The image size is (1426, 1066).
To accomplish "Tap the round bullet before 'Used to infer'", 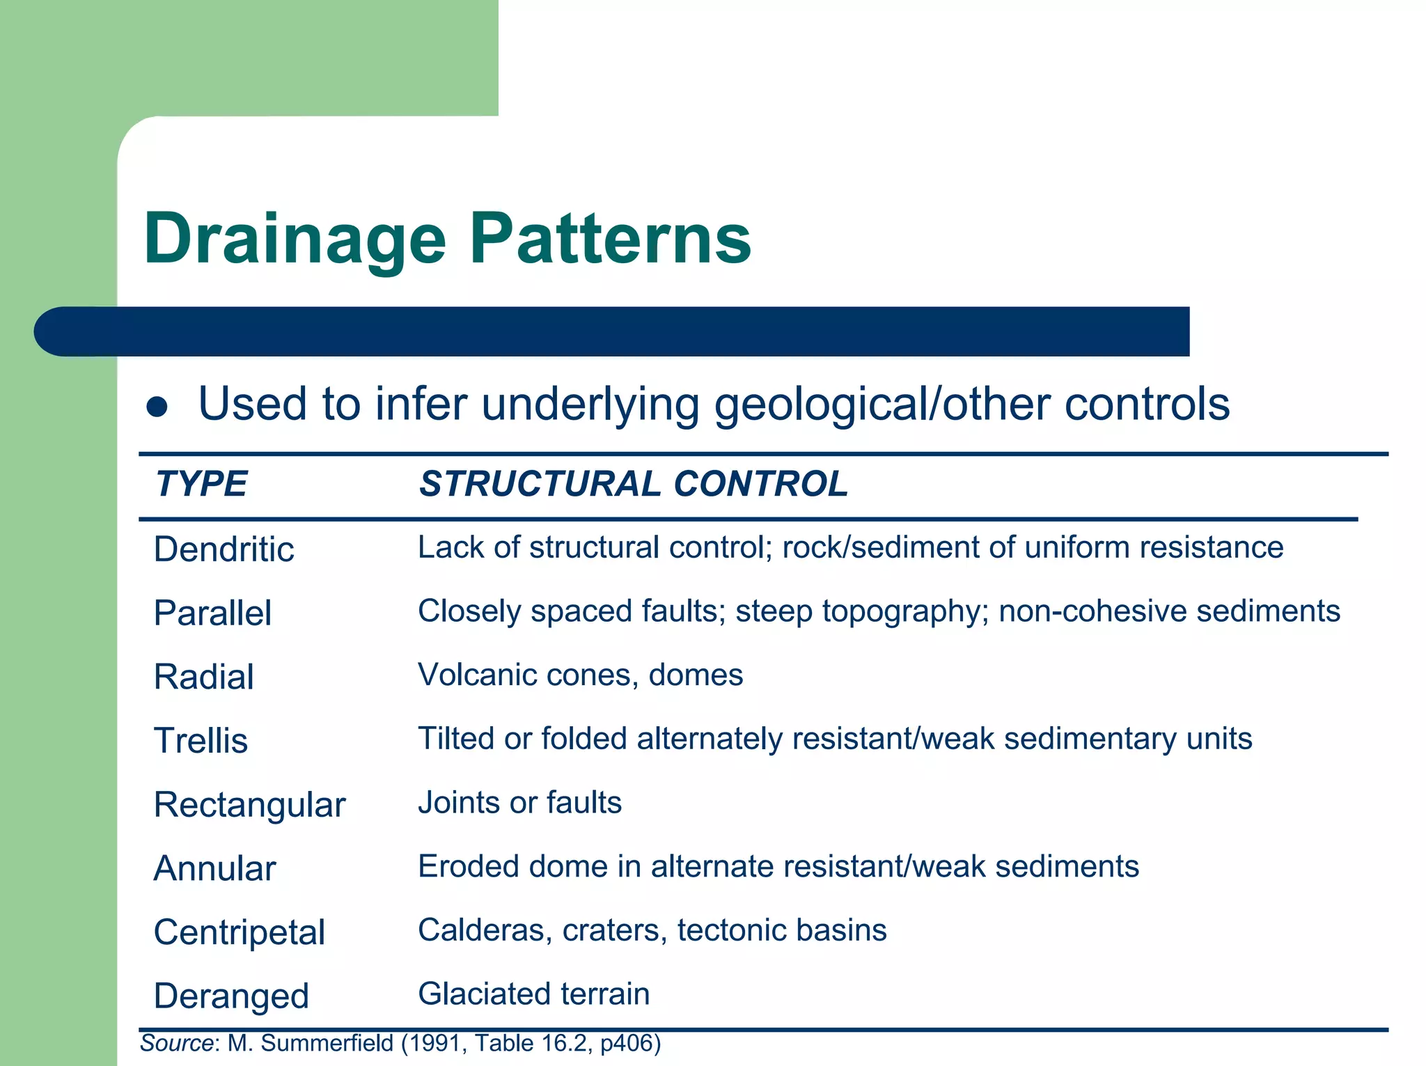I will coord(157,407).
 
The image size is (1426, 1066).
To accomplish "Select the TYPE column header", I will coord(201,483).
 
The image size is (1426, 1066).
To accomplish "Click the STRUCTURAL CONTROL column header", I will coord(634,483).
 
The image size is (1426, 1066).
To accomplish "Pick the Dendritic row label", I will coord(224,549).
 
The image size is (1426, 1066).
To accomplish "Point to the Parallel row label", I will coord(212,613).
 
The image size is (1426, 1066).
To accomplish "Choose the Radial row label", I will coord(203,677).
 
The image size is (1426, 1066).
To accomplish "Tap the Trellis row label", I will coord(201,740).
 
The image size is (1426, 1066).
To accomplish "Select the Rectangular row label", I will coord(249,805).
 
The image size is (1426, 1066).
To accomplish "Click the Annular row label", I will coord(214,868).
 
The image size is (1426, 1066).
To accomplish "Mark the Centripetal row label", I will coord(239,932).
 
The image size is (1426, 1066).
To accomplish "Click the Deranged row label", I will coord(231,996).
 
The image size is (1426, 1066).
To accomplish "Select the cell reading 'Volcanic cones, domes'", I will coord(580,675).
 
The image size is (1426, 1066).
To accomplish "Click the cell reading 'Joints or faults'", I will coord(519,802).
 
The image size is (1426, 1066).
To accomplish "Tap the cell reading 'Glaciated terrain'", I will coord(533,994).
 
